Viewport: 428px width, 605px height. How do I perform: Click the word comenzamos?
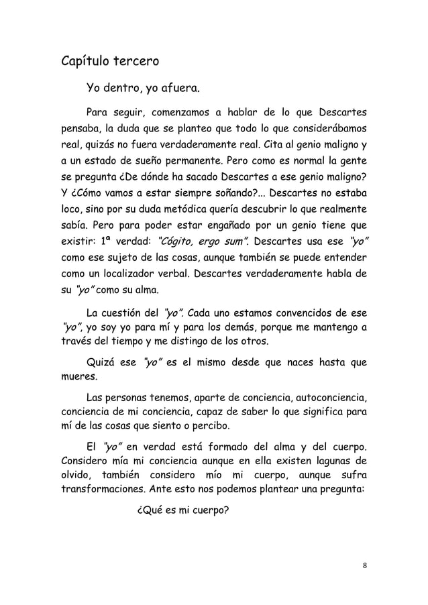click(184, 111)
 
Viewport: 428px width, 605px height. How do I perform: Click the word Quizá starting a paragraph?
click(101, 364)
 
